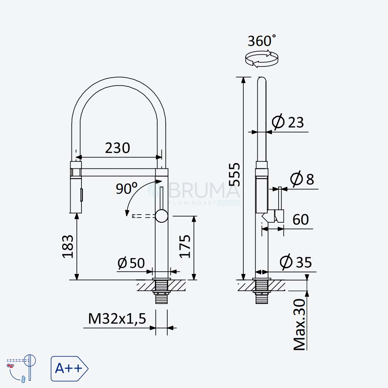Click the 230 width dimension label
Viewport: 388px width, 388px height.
coord(118,148)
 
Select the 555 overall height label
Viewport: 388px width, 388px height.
coord(234,174)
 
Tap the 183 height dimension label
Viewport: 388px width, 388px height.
coord(68,246)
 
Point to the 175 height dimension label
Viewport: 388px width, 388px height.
coord(185,246)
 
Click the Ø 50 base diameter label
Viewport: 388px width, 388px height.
coord(131,263)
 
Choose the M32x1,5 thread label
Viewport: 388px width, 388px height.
coord(117,319)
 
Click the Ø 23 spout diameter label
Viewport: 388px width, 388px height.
coord(288,122)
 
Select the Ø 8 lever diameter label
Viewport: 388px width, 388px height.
coord(302,178)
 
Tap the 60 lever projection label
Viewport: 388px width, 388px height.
coord(301,220)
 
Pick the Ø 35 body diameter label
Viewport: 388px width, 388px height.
coord(296,262)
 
